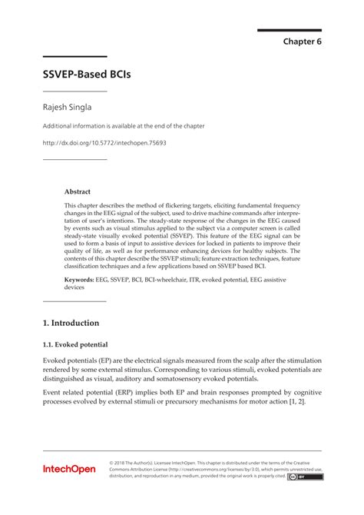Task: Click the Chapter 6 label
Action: pyautogui.click(x=302, y=42)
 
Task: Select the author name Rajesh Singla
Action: pyautogui.click(x=70, y=108)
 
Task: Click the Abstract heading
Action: pyautogui.click(x=78, y=191)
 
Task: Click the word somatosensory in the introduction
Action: pyautogui.click(x=187, y=378)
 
